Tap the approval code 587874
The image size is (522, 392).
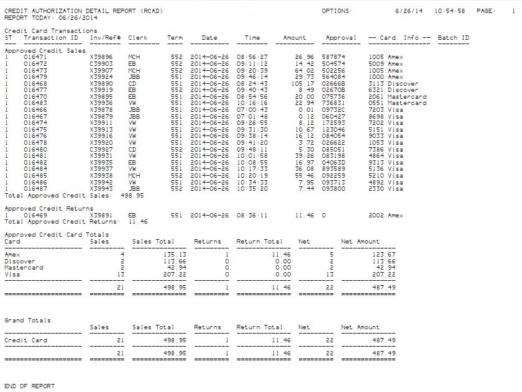334,57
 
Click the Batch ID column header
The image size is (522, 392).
453,38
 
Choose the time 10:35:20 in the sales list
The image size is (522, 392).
252,189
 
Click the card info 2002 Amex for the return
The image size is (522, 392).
385,216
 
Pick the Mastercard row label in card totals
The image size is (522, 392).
24,268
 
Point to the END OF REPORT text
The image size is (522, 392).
29,386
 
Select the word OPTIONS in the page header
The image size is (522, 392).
337,11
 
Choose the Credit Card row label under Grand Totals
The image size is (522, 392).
25,340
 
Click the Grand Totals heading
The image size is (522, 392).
27,321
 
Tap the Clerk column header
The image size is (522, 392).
137,38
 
